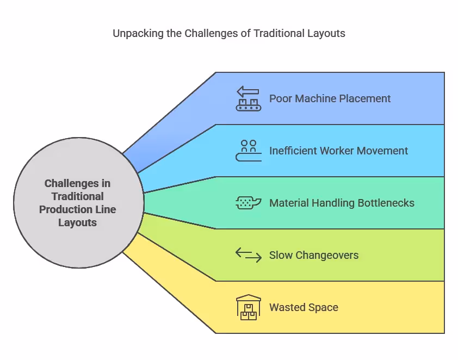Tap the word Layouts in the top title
coord(326,33)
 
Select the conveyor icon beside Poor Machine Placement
coord(249,98)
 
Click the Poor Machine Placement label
coord(330,98)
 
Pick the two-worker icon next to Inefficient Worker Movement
coord(249,151)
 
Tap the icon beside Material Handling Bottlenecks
coord(249,203)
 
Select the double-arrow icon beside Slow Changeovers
coord(249,255)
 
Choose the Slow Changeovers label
coord(314,255)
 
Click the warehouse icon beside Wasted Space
coord(249,307)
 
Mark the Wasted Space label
coord(304,307)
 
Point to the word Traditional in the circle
coord(78,196)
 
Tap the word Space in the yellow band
coord(323,307)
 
